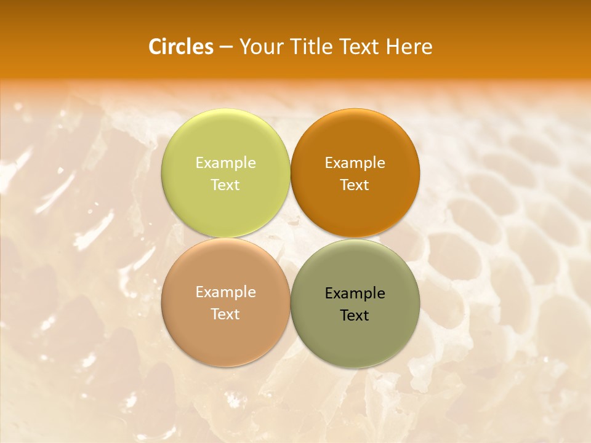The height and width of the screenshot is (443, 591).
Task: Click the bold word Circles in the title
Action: tap(181, 47)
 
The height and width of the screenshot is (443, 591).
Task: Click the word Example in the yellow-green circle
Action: tap(225, 163)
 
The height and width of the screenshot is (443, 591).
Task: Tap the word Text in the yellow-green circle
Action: tap(225, 185)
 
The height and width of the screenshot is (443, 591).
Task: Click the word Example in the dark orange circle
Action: tap(355, 163)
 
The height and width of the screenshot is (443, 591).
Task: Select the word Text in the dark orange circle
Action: tap(355, 185)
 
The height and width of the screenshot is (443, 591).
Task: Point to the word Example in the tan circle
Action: tap(225, 292)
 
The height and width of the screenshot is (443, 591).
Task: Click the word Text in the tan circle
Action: tap(225, 314)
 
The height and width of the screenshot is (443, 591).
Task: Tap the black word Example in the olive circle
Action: tap(355, 293)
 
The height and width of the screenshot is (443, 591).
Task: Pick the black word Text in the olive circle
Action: tap(355, 315)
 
